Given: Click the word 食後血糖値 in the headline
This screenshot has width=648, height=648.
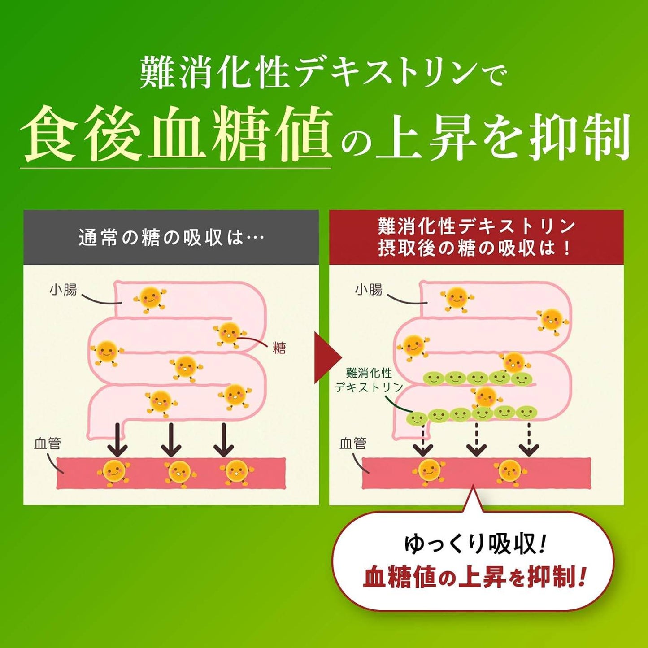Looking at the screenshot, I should [x=176, y=134].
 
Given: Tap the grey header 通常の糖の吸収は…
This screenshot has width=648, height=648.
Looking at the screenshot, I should [x=171, y=238].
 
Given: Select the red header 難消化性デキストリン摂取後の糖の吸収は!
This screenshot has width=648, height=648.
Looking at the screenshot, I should [x=476, y=237].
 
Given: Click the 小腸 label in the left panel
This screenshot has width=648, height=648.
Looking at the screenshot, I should [x=63, y=290].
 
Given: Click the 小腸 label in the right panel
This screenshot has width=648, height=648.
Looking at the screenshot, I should [x=369, y=290].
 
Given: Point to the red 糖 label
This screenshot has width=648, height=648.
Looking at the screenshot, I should [x=279, y=348].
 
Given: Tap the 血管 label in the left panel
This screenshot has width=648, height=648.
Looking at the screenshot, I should [x=48, y=444].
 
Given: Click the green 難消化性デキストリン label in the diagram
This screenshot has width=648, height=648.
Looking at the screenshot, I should [x=369, y=380].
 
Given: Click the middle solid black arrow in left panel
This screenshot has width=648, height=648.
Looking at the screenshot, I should [x=171, y=440].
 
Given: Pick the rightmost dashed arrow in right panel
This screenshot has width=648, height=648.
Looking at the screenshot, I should [x=529, y=440].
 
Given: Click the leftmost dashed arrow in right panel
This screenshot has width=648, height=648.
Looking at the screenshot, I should [x=422, y=440].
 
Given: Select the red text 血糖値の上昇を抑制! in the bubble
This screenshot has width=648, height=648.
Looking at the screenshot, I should [x=475, y=577].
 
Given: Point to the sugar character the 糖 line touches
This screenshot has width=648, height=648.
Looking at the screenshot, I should [x=230, y=334].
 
